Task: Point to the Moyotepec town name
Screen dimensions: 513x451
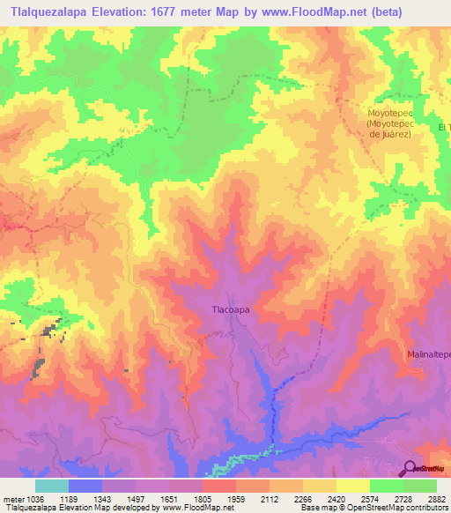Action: tap(390, 113)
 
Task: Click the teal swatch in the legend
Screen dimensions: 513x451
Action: tap(52, 486)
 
